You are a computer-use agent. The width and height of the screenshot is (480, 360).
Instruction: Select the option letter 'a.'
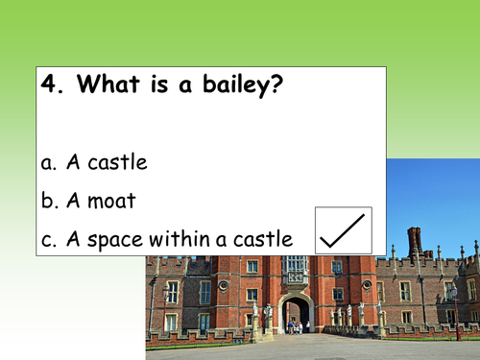pyautogui.click(x=50, y=162)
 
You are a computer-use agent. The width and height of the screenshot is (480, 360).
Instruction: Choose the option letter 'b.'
pyautogui.click(x=50, y=201)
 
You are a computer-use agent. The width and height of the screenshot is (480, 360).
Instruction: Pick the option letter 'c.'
pyautogui.click(x=50, y=239)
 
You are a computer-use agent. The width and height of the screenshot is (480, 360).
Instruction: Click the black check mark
pyautogui.click(x=343, y=230)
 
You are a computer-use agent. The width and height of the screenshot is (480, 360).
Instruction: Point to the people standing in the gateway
pyautogui.click(x=294, y=325)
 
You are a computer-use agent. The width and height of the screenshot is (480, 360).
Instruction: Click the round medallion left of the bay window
pyautogui.click(x=223, y=285)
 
